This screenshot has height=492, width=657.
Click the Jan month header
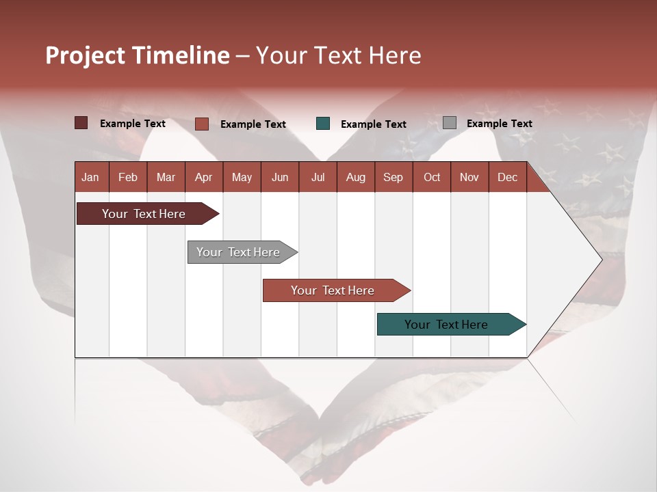click(x=90, y=177)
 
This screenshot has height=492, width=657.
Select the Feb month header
click(x=128, y=177)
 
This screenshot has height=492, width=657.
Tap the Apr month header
click(x=203, y=177)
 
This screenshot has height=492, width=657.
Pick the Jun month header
click(x=280, y=177)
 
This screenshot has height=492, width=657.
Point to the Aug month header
click(x=355, y=177)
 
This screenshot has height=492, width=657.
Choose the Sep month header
click(x=393, y=177)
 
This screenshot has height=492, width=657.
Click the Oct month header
click(x=432, y=177)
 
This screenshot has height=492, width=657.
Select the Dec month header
click(x=507, y=177)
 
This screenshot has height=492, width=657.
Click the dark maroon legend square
click(x=81, y=123)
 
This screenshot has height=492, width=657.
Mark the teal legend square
click(x=323, y=124)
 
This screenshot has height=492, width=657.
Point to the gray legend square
click(x=450, y=123)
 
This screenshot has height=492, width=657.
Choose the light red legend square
click(x=202, y=124)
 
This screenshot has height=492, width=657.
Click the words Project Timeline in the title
click(x=137, y=55)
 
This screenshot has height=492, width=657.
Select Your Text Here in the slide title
click(x=338, y=55)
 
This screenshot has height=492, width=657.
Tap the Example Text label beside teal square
click(x=373, y=124)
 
